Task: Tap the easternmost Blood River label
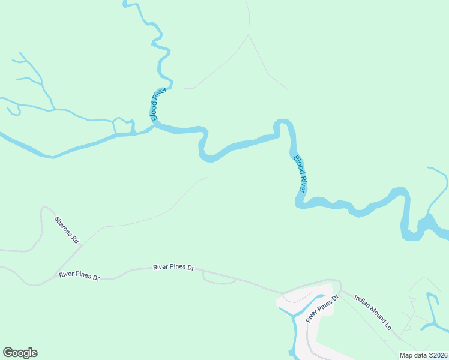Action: click(x=300, y=173)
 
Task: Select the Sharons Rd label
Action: click(x=67, y=229)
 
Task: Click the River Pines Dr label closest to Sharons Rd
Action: click(x=79, y=275)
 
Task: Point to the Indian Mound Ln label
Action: click(x=372, y=312)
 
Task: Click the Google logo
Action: click(x=20, y=353)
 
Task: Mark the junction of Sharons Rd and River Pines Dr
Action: click(x=55, y=274)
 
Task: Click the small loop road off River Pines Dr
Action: click(x=218, y=280)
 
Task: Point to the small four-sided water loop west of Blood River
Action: click(x=123, y=127)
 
